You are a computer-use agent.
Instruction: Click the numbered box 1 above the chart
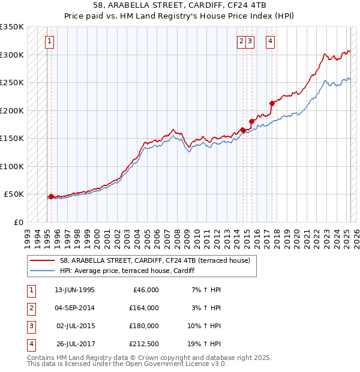click(x=49, y=41)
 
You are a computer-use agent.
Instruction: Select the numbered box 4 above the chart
click(x=271, y=41)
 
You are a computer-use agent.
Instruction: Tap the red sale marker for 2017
click(x=272, y=103)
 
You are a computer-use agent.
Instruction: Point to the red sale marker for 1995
click(x=52, y=196)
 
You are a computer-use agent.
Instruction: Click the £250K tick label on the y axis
click(x=12, y=82)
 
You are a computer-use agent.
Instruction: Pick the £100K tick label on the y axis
click(x=12, y=166)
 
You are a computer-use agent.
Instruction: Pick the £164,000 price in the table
click(x=144, y=308)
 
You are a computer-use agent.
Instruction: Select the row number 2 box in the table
click(x=30, y=308)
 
